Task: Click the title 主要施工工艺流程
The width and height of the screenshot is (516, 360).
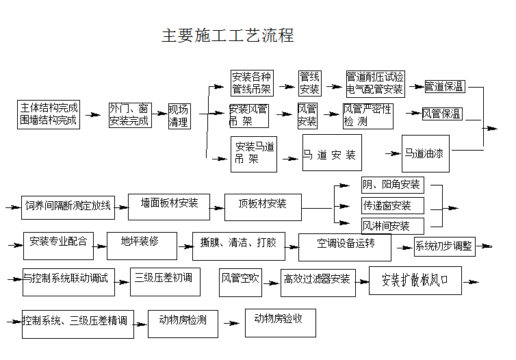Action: pyautogui.click(x=227, y=36)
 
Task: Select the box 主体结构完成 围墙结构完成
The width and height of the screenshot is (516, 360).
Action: pyautogui.click(x=49, y=115)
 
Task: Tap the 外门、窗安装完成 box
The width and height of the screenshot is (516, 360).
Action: pyautogui.click(x=129, y=115)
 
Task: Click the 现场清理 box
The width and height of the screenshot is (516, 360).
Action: pyautogui.click(x=179, y=116)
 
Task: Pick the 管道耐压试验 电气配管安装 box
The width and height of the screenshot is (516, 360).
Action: pyautogui.click(x=374, y=83)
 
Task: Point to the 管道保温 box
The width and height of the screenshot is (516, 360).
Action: pyautogui.click(x=444, y=86)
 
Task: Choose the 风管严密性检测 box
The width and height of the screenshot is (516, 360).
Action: pyautogui.click(x=367, y=116)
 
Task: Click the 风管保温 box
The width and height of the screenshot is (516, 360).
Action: pyautogui.click(x=441, y=114)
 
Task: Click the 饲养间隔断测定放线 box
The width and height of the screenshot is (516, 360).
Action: pyautogui.click(x=68, y=205)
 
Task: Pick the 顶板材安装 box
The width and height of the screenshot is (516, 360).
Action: pyautogui.click(x=262, y=206)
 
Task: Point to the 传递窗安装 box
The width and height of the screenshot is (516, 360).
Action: pyautogui.click(x=392, y=205)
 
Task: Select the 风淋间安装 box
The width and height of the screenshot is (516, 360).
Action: pyautogui.click(x=392, y=225)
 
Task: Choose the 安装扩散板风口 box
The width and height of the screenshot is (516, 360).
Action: pyautogui.click(x=415, y=280)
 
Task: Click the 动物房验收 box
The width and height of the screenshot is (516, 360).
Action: pyautogui.click(x=281, y=322)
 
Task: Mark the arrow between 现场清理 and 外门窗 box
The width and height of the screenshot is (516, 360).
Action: pyautogui.click(x=159, y=116)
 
